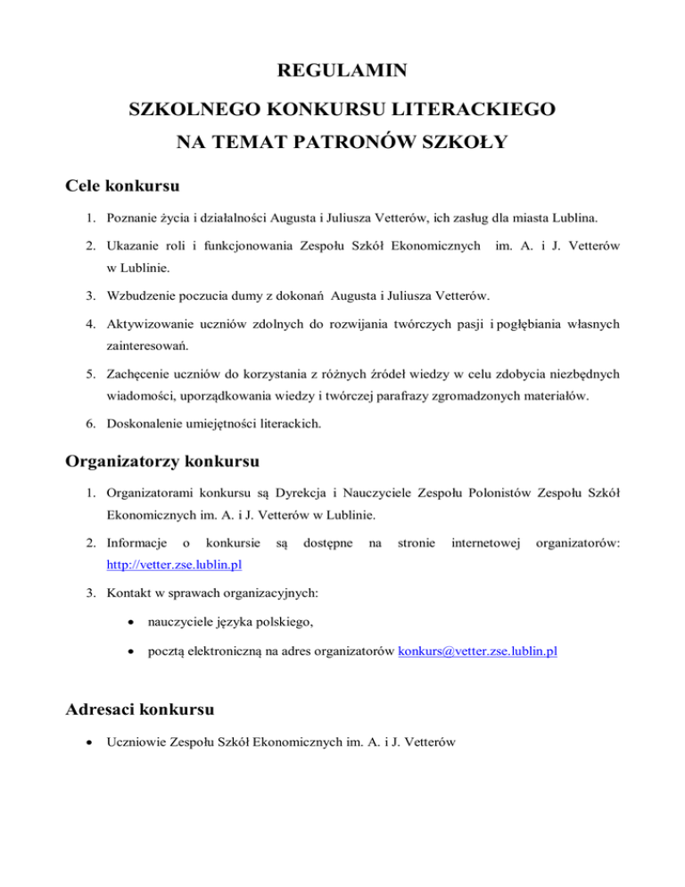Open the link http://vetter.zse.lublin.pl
click(x=175, y=567)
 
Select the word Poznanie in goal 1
click(x=134, y=218)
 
